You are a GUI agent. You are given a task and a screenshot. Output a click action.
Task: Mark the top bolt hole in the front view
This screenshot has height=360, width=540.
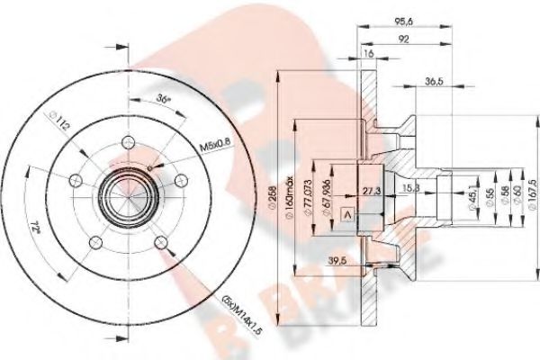click(128, 140)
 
